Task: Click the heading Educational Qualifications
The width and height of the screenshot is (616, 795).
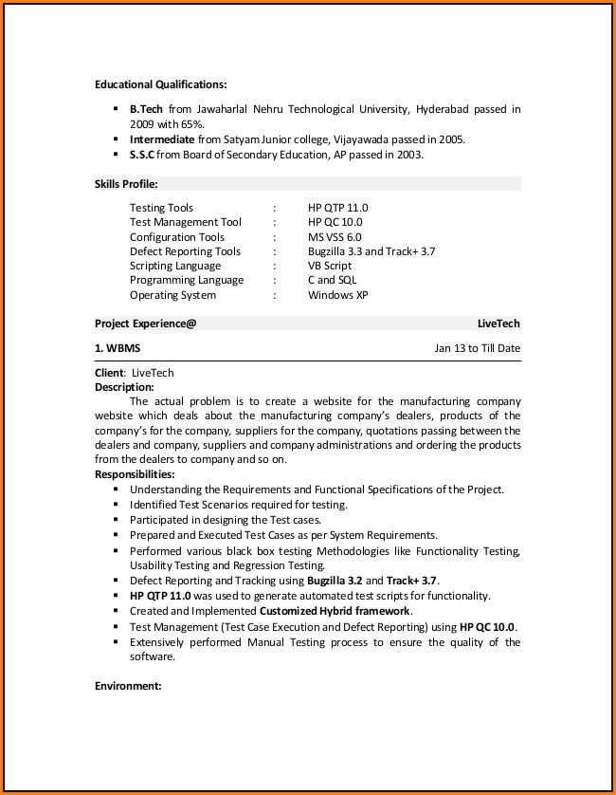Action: pos(160,84)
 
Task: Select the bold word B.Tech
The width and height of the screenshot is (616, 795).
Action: pos(146,109)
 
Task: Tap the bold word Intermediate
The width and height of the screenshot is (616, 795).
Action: pos(162,139)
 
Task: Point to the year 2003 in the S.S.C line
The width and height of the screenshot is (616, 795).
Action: pos(408,155)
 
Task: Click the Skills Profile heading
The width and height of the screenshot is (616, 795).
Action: pos(126,183)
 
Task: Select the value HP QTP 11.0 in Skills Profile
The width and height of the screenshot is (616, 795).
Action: pos(337,208)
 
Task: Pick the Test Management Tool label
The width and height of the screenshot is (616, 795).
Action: pos(185,222)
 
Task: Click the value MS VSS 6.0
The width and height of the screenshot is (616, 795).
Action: pos(334,237)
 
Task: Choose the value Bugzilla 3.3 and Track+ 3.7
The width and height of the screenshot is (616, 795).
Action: pos(371,251)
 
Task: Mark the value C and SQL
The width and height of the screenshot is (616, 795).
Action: pos(332,280)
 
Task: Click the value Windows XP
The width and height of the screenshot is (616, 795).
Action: pos(337,295)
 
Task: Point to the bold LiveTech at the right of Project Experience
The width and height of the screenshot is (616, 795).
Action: pos(498,324)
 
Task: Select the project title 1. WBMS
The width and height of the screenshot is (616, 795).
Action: pos(118,348)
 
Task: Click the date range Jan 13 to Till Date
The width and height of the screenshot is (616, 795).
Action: pos(477,348)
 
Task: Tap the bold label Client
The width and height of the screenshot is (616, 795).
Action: pos(109,373)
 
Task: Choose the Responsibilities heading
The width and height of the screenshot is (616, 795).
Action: pos(135,474)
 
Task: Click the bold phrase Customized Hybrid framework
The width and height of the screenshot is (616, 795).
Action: pos(335,611)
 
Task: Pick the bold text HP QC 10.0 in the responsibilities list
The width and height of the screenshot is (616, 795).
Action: pos(487,627)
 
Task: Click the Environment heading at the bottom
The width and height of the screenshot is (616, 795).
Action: pos(128,685)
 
